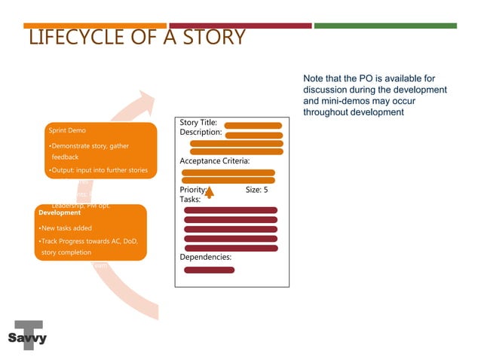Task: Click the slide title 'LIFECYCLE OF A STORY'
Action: click(x=136, y=37)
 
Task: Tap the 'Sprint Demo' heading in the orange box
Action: click(x=67, y=130)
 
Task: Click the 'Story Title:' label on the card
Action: click(x=199, y=122)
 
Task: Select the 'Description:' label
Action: click(x=201, y=133)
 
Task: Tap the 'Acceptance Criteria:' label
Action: click(x=215, y=161)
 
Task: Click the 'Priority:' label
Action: click(x=192, y=190)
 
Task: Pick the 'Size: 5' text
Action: click(x=256, y=190)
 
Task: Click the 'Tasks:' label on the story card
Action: click(x=190, y=200)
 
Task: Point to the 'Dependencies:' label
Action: click(x=205, y=258)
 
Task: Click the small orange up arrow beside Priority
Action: click(x=210, y=194)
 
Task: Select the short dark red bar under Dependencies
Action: click(x=209, y=270)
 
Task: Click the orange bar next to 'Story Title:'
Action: click(x=253, y=125)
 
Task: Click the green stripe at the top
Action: click(x=384, y=26)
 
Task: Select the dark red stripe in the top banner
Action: click(x=240, y=26)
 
